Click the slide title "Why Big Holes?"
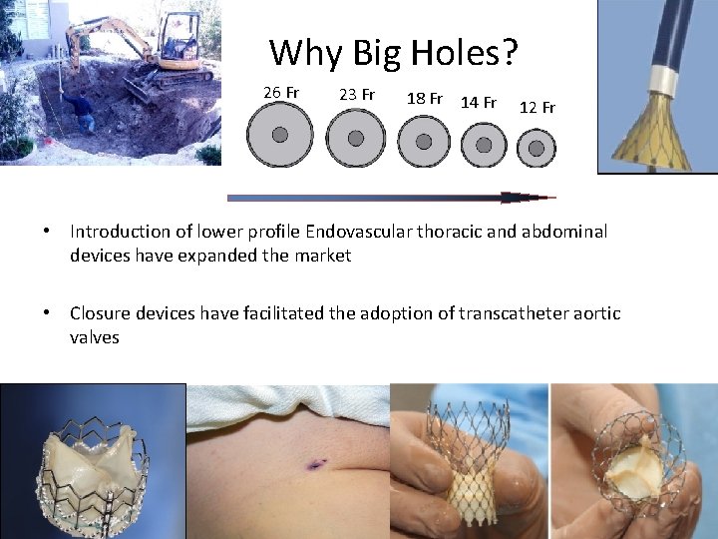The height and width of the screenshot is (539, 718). [393, 52]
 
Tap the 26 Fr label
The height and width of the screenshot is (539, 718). [281, 93]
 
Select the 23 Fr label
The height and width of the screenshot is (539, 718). [356, 95]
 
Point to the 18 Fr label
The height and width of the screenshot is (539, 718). [425, 99]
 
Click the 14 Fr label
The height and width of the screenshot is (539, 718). [479, 102]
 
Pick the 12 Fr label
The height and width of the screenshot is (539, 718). [538, 107]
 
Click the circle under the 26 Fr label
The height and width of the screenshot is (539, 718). [280, 135]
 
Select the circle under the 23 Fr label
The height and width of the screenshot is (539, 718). [356, 138]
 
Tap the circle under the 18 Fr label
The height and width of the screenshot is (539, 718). [424, 141]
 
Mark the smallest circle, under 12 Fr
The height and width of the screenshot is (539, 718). [537, 148]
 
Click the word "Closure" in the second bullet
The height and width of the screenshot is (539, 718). [100, 314]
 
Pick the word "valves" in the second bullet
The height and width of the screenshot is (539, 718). [95, 337]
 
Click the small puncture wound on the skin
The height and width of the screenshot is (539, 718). [317, 463]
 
